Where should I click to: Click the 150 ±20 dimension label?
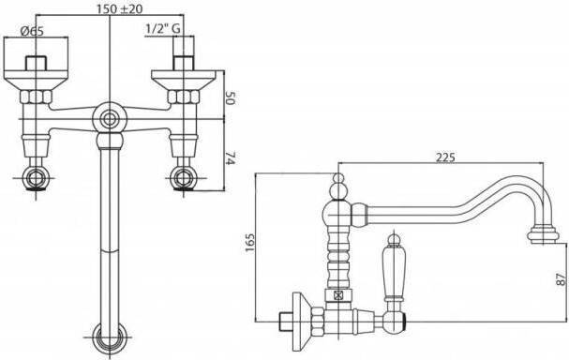(119, 8)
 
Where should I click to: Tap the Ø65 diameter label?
(32, 31)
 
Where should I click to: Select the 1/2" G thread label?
(163, 29)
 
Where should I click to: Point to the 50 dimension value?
(230, 98)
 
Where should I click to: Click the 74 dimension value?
(230, 157)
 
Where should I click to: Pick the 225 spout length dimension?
(445, 157)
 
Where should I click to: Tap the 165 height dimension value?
(250, 244)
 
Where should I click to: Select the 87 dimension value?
(561, 278)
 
